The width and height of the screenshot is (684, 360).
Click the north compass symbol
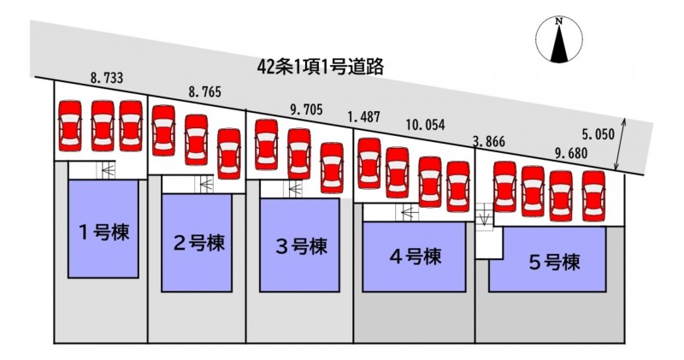pyautogui.click(x=558, y=42)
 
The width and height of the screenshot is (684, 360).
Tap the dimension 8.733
pyautogui.click(x=107, y=78)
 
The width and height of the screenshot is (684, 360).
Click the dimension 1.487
pyautogui.click(x=363, y=116)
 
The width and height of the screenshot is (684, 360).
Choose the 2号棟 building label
pyautogui.click(x=198, y=243)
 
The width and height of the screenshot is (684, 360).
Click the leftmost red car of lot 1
pyautogui.click(x=69, y=125)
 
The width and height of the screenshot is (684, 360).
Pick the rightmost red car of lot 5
pyautogui.click(x=593, y=192)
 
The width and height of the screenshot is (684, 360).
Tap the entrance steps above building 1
pyautogui.click(x=104, y=169)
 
